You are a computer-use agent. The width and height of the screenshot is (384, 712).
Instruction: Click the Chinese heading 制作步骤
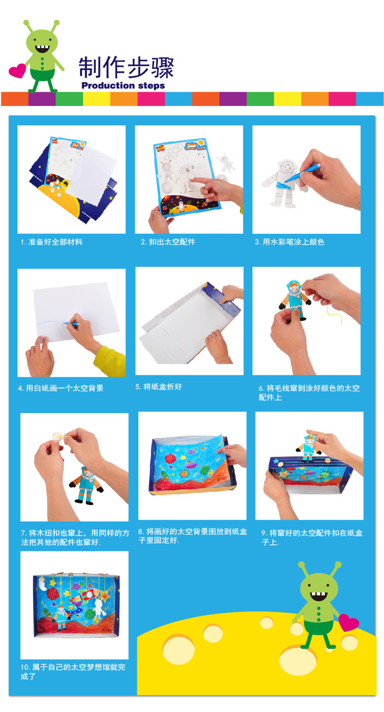pos(126,67)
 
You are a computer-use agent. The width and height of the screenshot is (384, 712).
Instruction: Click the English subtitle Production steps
pos(123,85)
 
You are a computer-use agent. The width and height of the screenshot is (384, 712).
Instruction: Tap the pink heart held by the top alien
pos(17,71)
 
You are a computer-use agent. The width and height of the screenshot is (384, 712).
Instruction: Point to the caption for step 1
pos(52,242)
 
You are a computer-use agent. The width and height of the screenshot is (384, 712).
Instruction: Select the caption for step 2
pos(168,242)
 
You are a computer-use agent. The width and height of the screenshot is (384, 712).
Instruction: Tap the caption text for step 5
pos(158,387)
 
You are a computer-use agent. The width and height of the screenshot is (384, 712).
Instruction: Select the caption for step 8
pos(193,536)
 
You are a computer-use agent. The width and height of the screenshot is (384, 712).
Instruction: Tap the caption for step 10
pos(73,671)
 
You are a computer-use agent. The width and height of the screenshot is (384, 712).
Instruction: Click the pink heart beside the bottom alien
pos(348,622)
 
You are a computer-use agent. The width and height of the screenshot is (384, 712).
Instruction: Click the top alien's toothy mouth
pos(42,49)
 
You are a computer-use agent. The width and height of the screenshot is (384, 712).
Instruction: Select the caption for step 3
pos(289,242)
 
